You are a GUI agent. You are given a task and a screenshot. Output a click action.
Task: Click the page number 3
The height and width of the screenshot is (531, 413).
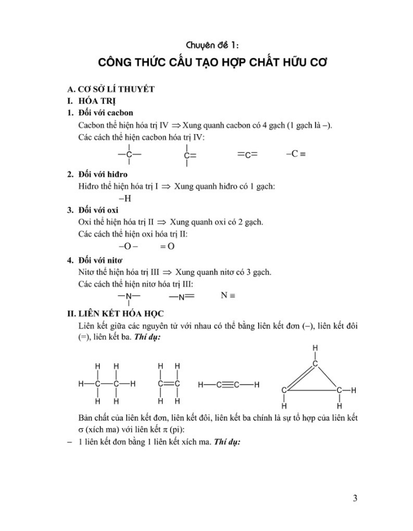pyautogui.click(x=355, y=498)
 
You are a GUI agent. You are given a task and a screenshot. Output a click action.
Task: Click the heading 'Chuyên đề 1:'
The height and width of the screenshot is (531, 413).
pyautogui.click(x=212, y=45)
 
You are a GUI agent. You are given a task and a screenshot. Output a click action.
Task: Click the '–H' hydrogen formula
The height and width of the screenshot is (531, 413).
pyautogui.click(x=125, y=198)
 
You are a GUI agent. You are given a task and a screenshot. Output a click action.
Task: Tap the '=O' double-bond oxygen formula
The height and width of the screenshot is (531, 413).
pyautogui.click(x=167, y=246)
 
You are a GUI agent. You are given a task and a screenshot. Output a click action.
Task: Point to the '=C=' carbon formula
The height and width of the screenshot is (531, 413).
pyautogui.click(x=248, y=155)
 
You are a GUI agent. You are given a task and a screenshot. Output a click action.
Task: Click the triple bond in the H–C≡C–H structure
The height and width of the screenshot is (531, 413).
pyautogui.click(x=227, y=385)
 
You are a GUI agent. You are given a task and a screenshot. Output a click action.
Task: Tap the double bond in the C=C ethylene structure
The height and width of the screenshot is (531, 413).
pyautogui.click(x=168, y=384)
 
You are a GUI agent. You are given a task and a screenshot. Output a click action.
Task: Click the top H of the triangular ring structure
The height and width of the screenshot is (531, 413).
pyautogui.click(x=315, y=348)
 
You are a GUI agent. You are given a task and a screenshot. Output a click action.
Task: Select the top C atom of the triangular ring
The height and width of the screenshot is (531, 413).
pyautogui.click(x=315, y=364)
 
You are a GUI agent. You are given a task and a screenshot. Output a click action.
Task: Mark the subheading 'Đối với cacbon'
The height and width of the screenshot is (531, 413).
pyautogui.click(x=105, y=112)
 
